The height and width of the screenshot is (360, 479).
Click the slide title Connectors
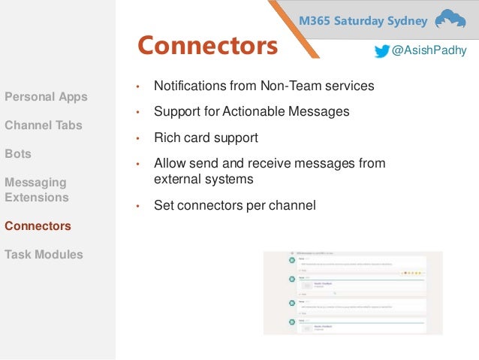tap(207, 47)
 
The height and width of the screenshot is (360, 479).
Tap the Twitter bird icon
tap(382, 51)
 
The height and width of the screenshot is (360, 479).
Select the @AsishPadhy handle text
tap(429, 51)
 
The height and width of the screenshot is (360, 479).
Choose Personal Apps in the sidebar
tap(46, 97)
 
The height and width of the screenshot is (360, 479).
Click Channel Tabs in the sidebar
tap(44, 126)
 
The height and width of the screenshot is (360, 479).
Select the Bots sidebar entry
tap(18, 153)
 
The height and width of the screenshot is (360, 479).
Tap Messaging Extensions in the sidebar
tap(36, 190)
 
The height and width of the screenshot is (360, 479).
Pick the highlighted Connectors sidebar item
tap(38, 225)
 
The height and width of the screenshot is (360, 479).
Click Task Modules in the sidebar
tap(44, 254)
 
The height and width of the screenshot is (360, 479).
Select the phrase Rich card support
tap(206, 138)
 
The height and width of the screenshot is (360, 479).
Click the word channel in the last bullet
tap(294, 205)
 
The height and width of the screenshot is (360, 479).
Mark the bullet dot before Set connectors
tap(137, 206)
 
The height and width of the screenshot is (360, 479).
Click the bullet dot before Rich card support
tap(137, 139)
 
